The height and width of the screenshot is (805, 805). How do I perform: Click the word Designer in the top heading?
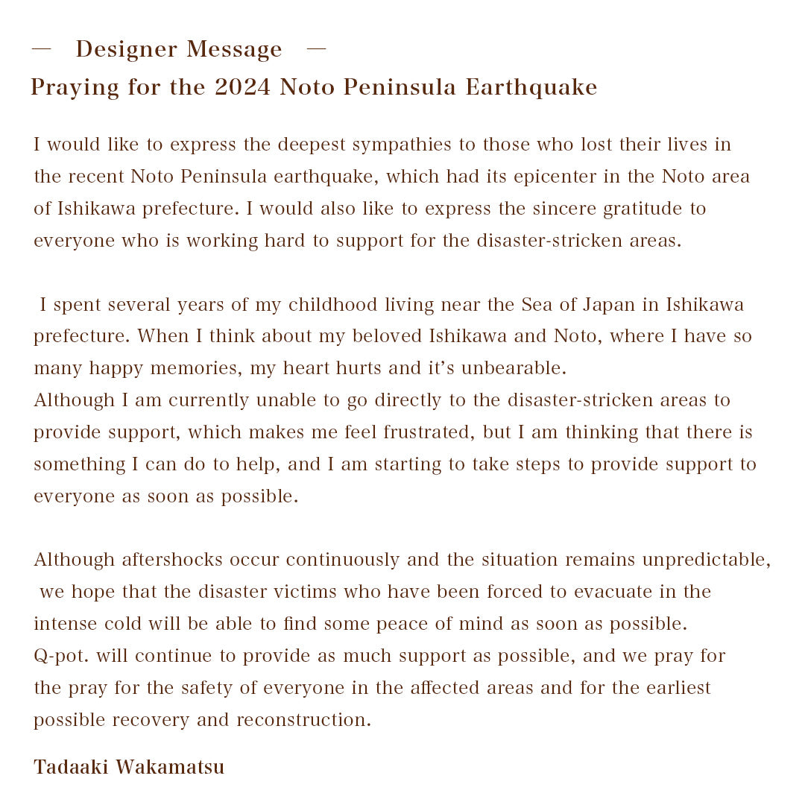(x=126, y=49)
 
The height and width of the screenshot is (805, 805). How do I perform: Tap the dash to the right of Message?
(x=317, y=49)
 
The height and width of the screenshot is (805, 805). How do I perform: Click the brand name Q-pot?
(x=62, y=656)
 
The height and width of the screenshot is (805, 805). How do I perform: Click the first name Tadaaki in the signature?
(x=70, y=767)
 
